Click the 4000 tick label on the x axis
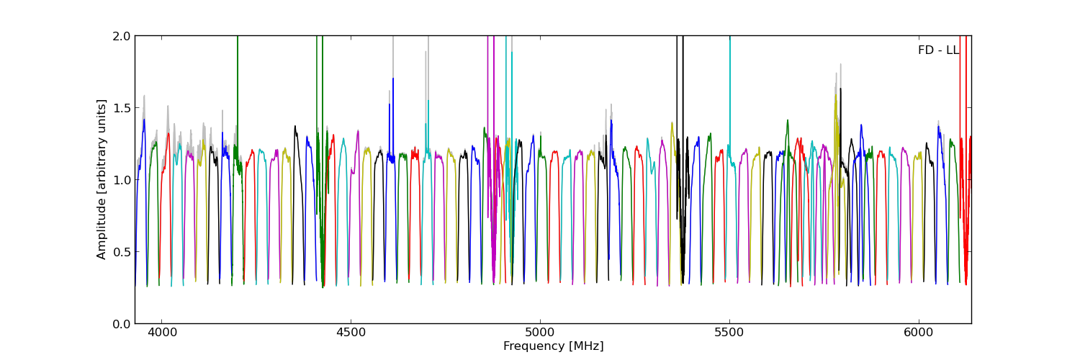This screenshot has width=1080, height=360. point(161,333)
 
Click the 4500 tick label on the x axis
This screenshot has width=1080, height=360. point(351,333)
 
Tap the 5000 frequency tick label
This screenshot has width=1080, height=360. point(540,333)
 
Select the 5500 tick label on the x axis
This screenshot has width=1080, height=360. point(729,333)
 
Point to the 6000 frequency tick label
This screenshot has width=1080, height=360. point(919,333)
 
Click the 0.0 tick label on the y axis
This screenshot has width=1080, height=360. point(122,323)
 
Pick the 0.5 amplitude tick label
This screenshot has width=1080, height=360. point(122,251)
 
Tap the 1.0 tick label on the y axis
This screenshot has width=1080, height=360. point(122,179)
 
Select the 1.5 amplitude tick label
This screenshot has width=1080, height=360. point(122,107)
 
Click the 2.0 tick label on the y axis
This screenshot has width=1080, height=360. point(122,36)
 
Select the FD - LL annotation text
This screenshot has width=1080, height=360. point(938,50)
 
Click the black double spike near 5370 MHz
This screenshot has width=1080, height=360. point(680,108)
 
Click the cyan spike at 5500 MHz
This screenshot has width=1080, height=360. point(730,86)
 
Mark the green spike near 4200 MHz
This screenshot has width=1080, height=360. point(238,86)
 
